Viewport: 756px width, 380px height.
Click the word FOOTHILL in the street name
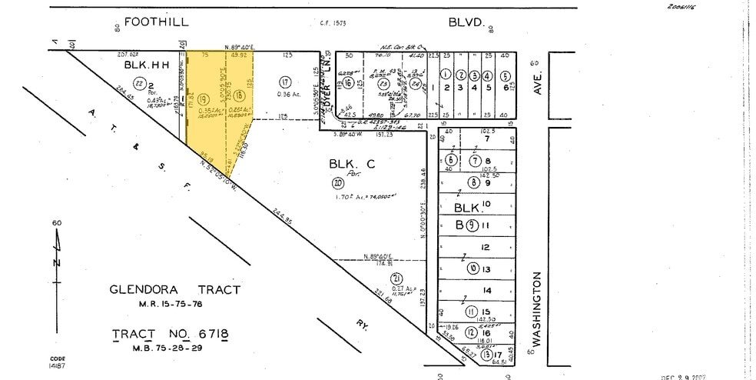click(x=157, y=22)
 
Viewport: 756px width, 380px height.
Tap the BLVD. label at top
click(x=469, y=23)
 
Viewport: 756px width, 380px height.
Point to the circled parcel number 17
click(x=284, y=82)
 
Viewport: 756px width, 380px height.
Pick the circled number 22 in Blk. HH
click(x=140, y=82)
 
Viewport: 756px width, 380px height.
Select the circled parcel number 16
click(x=348, y=83)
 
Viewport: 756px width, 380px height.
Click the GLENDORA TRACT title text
click(x=174, y=290)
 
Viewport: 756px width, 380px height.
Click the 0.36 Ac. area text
click(x=289, y=95)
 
